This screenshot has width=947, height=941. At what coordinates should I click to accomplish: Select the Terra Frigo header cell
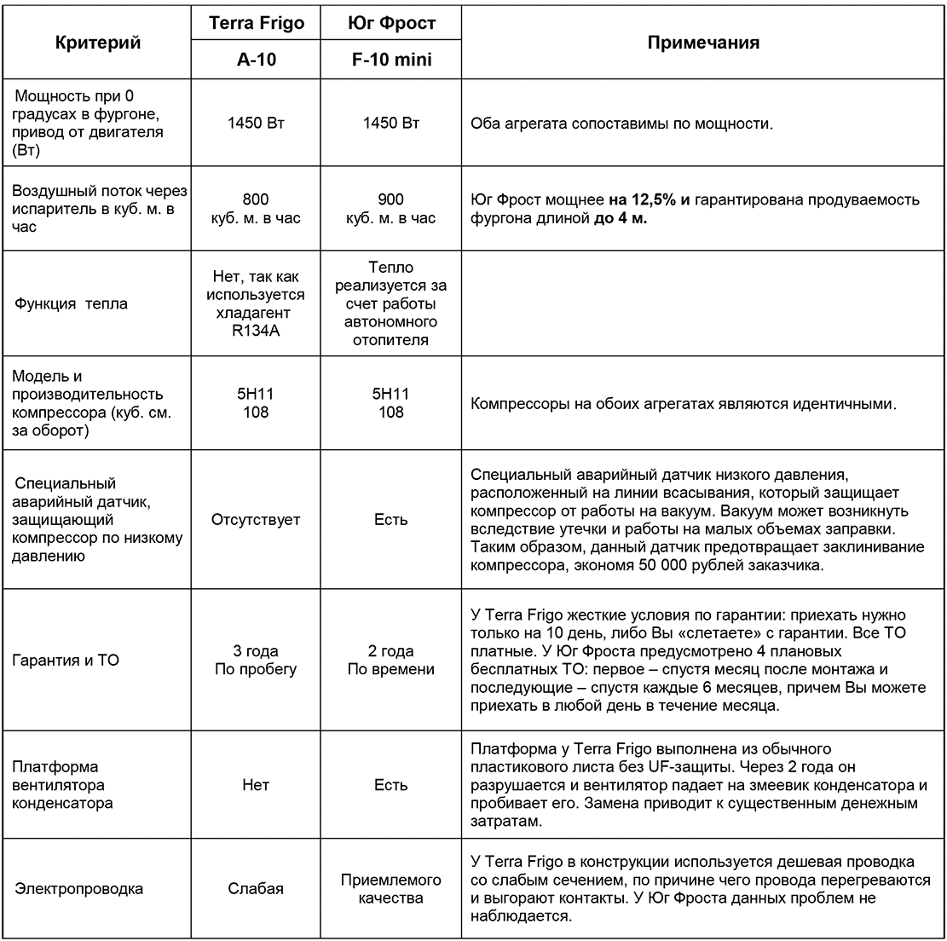click(x=256, y=23)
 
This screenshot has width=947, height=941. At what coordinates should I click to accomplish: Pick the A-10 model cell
click(x=256, y=63)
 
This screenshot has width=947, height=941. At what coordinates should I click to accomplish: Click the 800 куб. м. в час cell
click(x=256, y=209)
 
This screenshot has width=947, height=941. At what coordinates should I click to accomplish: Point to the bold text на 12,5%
click(x=644, y=200)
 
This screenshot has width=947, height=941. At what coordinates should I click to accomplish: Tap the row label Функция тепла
click(x=72, y=304)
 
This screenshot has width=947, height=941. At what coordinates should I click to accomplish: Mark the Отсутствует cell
click(x=256, y=520)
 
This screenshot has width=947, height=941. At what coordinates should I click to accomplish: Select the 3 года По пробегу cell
click(x=256, y=660)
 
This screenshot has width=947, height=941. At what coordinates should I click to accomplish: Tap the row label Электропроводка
click(x=79, y=889)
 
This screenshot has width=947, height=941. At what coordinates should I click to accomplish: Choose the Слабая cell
click(x=256, y=889)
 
